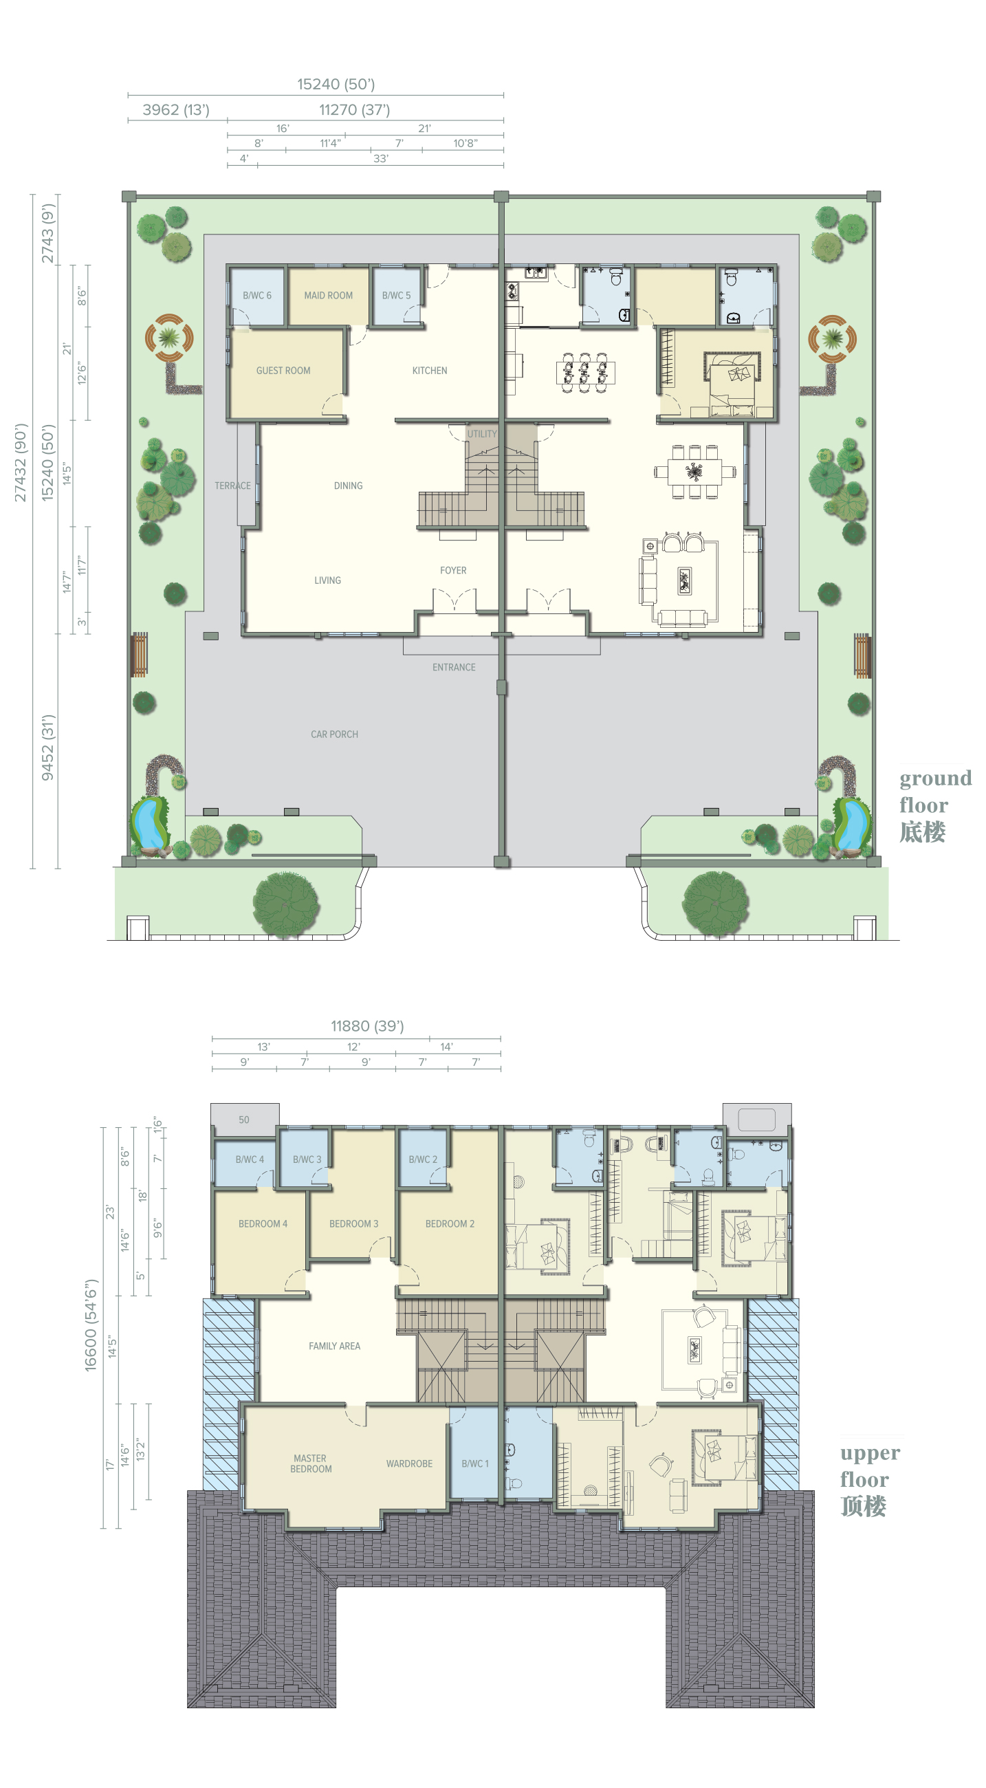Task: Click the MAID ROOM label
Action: click(x=328, y=295)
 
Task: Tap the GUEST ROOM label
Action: click(x=283, y=371)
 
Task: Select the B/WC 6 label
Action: click(x=256, y=295)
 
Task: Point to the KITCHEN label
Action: click(x=430, y=371)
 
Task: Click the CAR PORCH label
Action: click(x=334, y=734)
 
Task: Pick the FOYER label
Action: click(x=453, y=571)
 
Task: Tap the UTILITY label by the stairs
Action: click(x=482, y=434)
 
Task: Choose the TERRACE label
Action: click(x=232, y=486)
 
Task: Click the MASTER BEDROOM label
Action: click(x=310, y=1464)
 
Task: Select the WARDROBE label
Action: click(x=409, y=1464)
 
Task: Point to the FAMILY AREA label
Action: click(x=334, y=1346)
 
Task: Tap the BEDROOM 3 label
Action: click(x=354, y=1223)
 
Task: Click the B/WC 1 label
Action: click(x=475, y=1464)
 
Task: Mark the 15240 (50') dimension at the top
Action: click(x=336, y=84)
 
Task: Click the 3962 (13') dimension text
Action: click(x=175, y=109)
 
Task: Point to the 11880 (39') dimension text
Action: click(x=367, y=1026)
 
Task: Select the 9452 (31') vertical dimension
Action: click(x=48, y=748)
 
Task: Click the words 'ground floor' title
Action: click(x=935, y=792)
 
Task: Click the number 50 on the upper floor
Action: click(x=243, y=1120)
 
